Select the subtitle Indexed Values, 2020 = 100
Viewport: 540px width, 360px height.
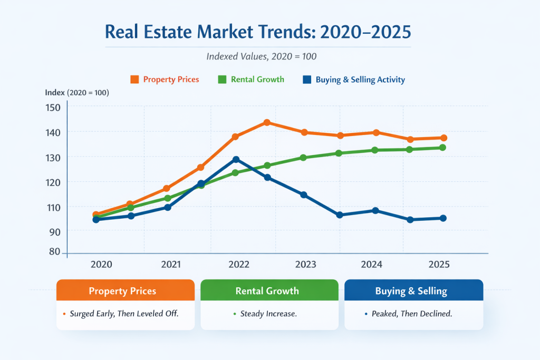point(258,55)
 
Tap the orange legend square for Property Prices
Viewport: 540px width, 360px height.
point(134,80)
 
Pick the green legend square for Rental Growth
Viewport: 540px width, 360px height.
point(222,80)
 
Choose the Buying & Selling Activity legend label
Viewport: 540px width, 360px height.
point(360,80)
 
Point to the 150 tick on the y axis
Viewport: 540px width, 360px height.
point(54,107)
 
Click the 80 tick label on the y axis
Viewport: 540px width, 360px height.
point(54,251)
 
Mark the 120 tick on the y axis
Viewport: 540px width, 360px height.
point(54,182)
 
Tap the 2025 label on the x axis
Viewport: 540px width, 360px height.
point(439,264)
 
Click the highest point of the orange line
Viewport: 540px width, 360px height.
point(267,123)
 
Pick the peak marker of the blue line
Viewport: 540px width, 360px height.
point(236,159)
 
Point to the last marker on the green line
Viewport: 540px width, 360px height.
point(443,148)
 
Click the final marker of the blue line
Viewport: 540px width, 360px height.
point(443,218)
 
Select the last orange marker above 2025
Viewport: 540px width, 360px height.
point(444,138)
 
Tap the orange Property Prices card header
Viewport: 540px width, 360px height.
point(126,291)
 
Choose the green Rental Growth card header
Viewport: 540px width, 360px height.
point(269,291)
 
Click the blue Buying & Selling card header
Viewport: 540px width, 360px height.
point(414,291)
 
